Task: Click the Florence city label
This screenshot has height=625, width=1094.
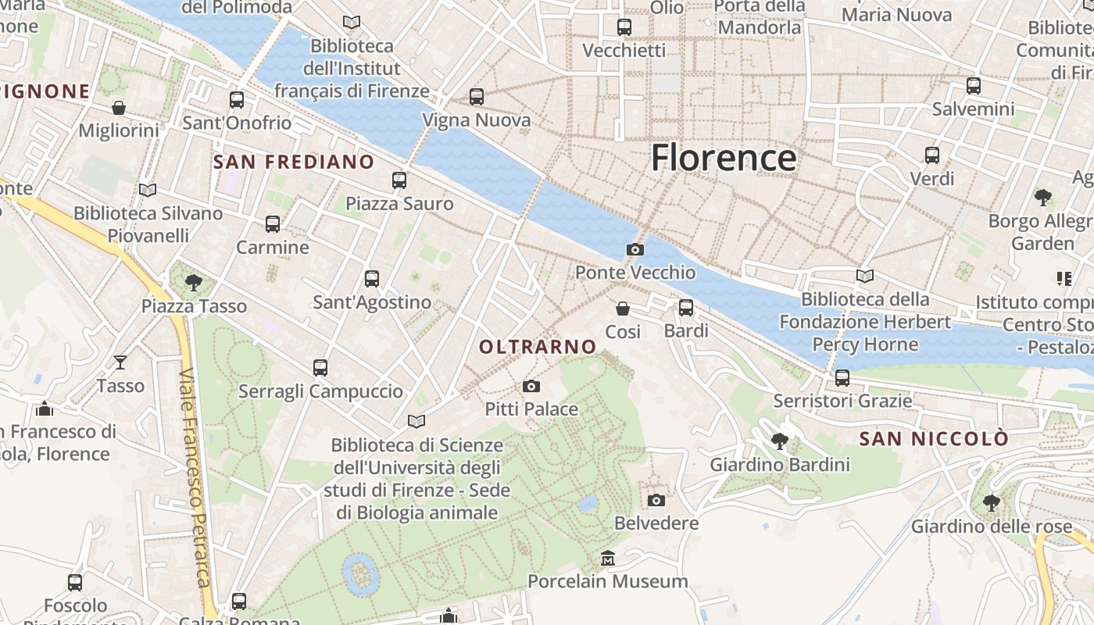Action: [723, 157]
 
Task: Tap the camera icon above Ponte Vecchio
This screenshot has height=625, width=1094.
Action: [635, 249]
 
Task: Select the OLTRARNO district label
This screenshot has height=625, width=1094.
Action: [538, 346]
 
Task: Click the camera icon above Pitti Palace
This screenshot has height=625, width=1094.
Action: [531, 386]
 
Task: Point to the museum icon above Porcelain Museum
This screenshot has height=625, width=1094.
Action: [608, 559]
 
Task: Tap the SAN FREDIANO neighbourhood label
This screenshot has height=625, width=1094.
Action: [294, 162]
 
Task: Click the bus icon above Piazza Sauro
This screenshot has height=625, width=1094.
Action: [399, 180]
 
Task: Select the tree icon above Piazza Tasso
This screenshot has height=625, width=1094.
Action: [194, 282]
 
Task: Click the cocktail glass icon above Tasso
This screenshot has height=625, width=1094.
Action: [120, 362]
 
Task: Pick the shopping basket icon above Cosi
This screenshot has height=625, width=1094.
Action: [623, 309]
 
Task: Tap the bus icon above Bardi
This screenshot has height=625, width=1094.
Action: [686, 308]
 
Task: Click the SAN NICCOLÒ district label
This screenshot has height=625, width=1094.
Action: [934, 439]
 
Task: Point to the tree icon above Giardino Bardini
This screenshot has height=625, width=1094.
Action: [779, 441]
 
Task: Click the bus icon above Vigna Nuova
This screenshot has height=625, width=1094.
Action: [477, 97]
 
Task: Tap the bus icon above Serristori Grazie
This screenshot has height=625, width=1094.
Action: [842, 378]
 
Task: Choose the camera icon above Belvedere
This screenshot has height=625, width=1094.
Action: [656, 500]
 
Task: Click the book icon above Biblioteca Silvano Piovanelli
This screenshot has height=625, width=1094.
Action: [148, 190]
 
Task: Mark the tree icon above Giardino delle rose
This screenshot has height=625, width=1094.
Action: [991, 502]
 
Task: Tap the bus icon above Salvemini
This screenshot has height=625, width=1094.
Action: [974, 86]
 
